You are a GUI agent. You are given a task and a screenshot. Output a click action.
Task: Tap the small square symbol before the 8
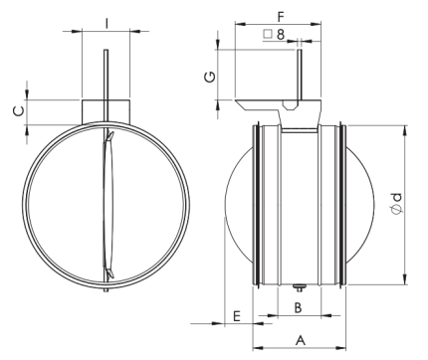pyautogui.click(x=268, y=35)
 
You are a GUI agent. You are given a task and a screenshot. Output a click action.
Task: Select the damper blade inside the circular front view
pyautogui.click(x=106, y=209)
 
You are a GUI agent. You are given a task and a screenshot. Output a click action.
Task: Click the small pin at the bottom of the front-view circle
pyautogui.click(x=105, y=291)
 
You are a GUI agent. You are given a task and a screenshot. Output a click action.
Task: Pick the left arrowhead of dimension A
pyautogui.click(x=256, y=347)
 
